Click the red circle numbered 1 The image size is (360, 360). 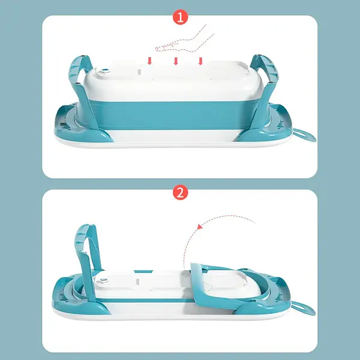[x=179, y=17]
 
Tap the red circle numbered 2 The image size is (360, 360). [x=179, y=194]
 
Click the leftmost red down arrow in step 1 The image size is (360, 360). [x=150, y=60]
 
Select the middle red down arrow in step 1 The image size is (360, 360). [x=175, y=60]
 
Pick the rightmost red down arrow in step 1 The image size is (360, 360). [x=200, y=60]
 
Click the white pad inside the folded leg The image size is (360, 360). [x=224, y=283]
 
